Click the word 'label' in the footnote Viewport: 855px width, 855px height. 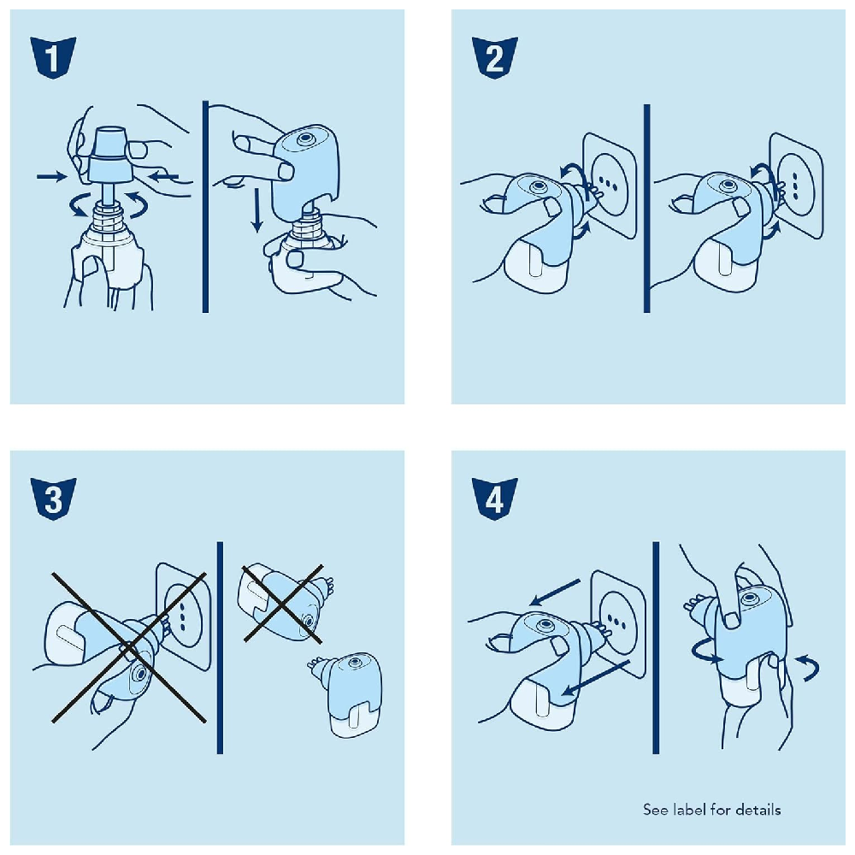point(690,810)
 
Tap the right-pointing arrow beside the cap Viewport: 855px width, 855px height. point(52,176)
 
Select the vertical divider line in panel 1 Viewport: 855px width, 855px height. point(205,207)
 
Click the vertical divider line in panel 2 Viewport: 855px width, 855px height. point(646,209)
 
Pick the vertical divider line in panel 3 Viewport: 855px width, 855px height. point(220,648)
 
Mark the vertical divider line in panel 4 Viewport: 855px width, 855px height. point(656,648)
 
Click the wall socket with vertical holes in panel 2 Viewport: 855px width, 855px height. point(796,186)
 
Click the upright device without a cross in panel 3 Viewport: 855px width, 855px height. point(347,693)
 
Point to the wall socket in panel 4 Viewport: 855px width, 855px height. point(618,624)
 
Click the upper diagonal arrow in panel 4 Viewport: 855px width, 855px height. point(555,593)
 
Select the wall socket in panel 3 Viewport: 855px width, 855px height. point(184,616)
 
